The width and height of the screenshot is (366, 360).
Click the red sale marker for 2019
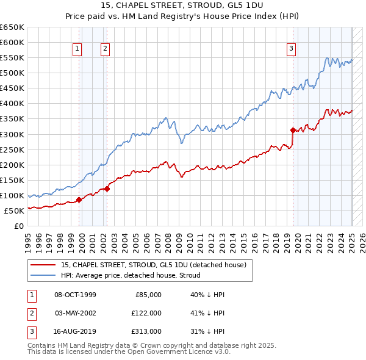coord(293,129)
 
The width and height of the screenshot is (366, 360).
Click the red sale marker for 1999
coord(79,200)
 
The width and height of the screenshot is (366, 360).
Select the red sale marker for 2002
coord(107,189)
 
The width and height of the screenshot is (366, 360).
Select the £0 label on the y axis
coord(18,226)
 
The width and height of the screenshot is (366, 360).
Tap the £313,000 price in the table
coord(147,331)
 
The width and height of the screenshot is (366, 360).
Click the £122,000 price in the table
coord(147,313)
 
